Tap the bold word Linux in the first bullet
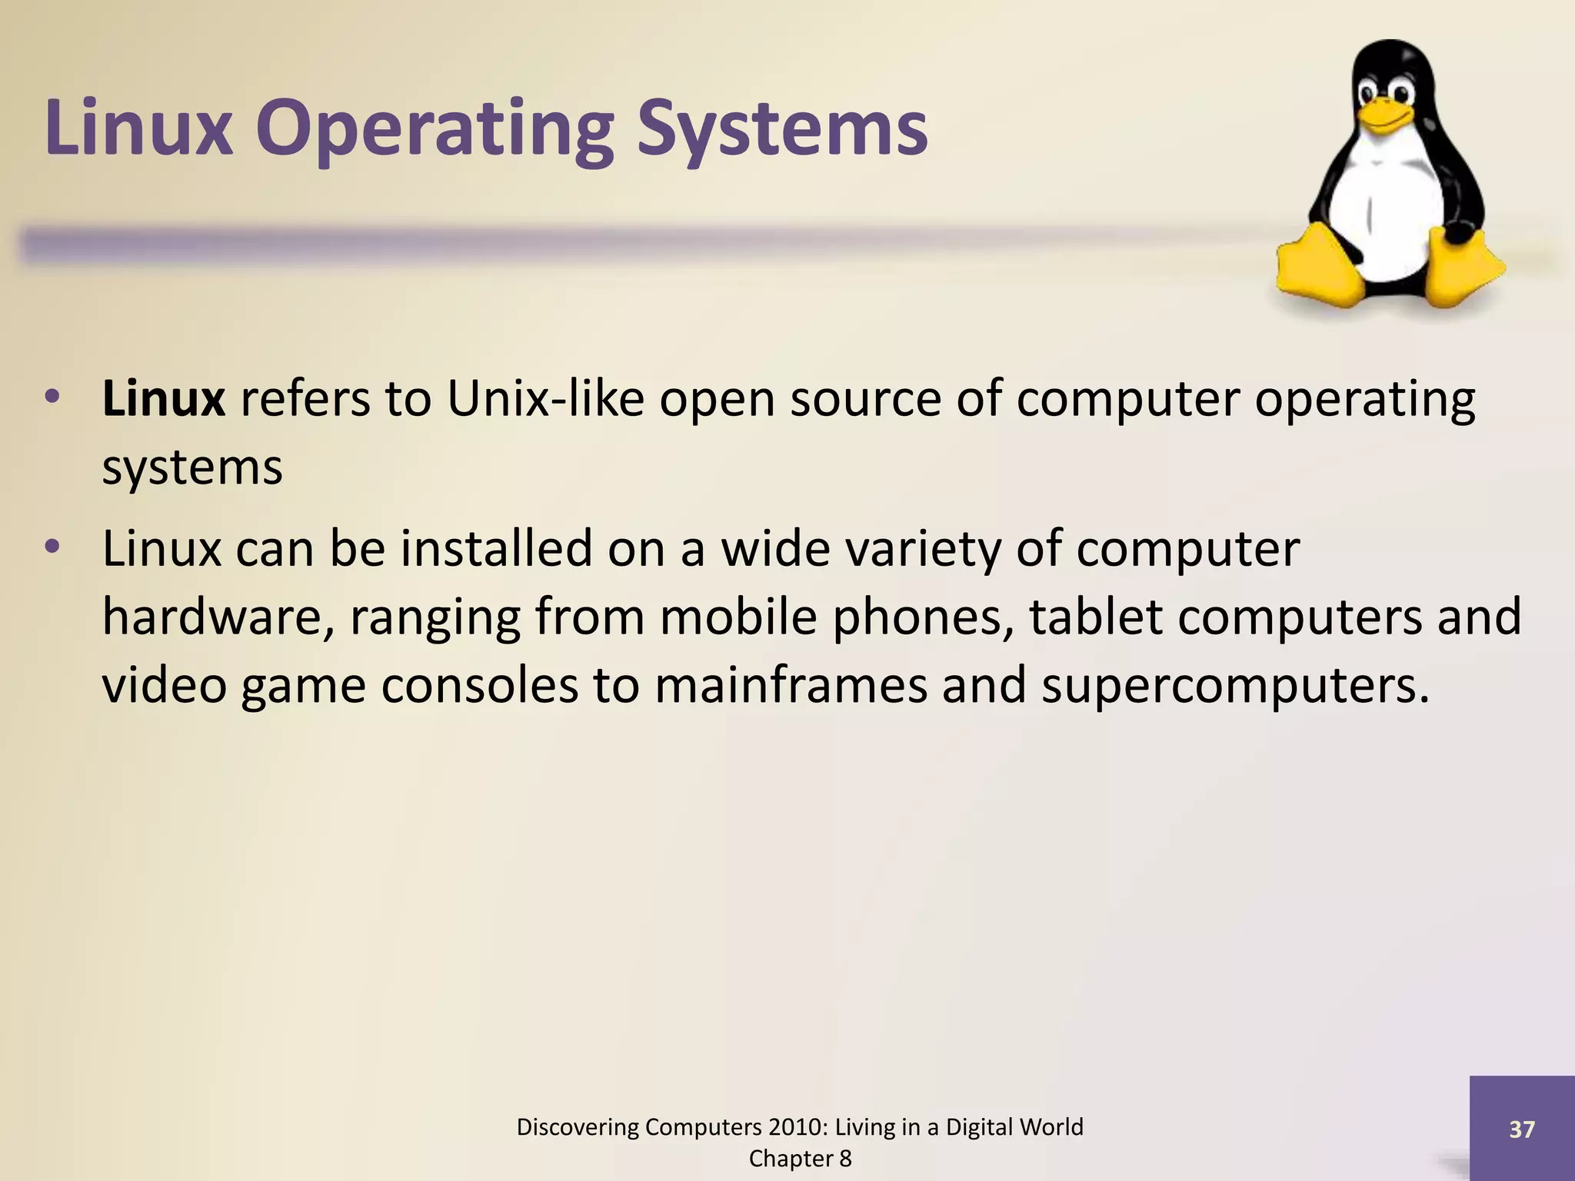(163, 399)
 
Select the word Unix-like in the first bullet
(545, 399)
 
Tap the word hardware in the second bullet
(218, 617)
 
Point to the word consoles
(479, 685)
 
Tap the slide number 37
(1522, 1129)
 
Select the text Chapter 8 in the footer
(800, 1159)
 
